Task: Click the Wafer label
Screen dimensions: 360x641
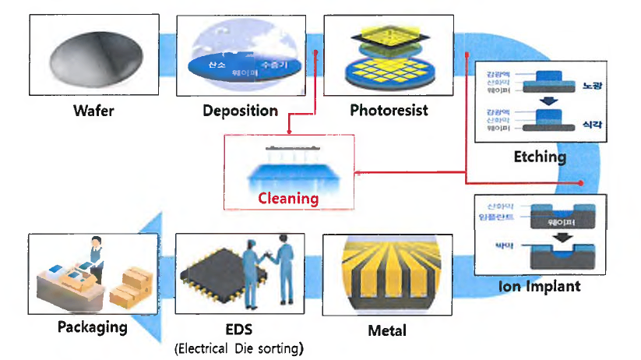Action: click(x=93, y=111)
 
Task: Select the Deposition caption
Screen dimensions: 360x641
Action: click(x=240, y=111)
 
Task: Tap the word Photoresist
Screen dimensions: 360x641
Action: click(x=389, y=111)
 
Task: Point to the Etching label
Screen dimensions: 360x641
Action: click(x=540, y=157)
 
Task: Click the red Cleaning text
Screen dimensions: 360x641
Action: click(x=289, y=198)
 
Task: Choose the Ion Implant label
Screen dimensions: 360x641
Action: click(x=540, y=286)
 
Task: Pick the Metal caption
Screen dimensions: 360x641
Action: click(x=387, y=330)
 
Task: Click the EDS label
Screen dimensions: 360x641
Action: click(x=237, y=327)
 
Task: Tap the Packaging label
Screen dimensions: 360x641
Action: click(x=92, y=326)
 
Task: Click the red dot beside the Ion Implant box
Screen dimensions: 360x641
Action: click(x=583, y=182)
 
